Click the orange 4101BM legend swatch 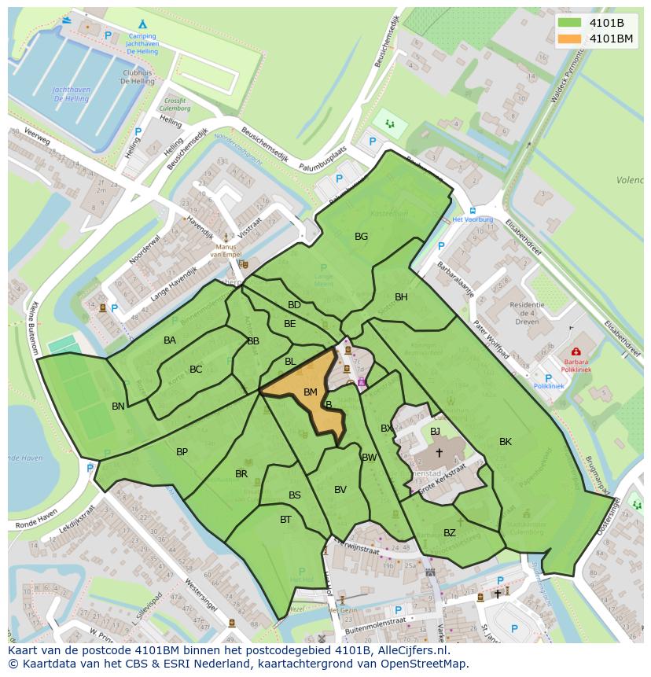point(570,39)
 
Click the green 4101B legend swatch point(570,23)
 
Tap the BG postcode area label point(361,236)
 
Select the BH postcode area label point(401,296)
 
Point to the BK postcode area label point(505,441)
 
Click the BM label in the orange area point(310,392)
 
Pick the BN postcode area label point(118,406)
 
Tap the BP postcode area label point(182,451)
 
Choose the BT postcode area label point(285,519)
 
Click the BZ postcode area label point(449,532)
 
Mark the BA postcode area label point(170,340)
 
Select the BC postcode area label point(196,369)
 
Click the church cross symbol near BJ point(439,452)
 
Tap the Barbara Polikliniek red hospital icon point(576,351)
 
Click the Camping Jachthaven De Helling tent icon point(142,24)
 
